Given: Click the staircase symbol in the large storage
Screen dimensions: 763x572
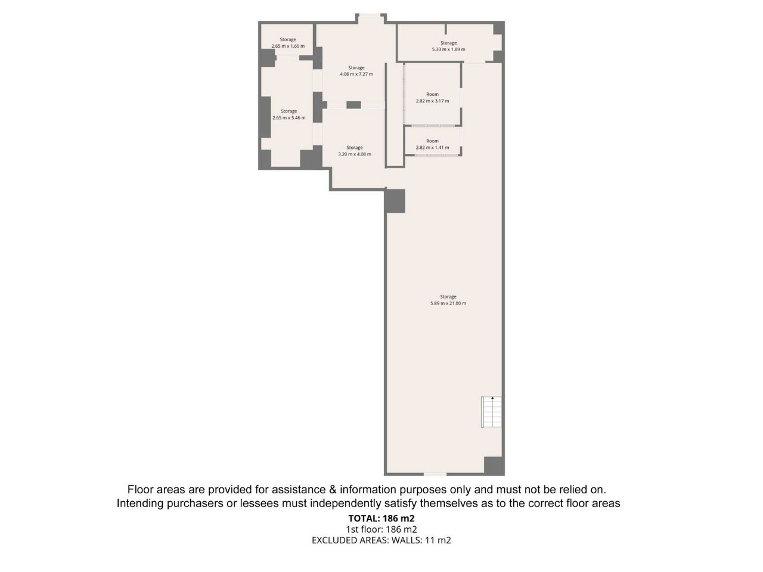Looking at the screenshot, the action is coord(491,412).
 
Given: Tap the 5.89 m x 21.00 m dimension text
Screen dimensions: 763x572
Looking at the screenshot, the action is coord(448,303).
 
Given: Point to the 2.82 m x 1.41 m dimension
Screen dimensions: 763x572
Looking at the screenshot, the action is coord(432,148).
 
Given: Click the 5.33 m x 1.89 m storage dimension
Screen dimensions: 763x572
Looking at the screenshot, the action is coord(448,49).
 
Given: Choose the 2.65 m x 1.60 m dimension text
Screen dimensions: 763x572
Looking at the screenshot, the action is coord(288,46).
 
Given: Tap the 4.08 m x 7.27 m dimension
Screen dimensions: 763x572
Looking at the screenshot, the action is coord(356,74).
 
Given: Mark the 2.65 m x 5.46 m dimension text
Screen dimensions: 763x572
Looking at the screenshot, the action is coord(289,118).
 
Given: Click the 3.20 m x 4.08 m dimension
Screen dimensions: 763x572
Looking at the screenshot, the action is coord(355,154).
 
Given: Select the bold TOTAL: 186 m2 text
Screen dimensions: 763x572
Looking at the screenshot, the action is coord(381,518).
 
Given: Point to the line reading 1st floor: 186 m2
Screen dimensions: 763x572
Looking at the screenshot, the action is coord(381,529).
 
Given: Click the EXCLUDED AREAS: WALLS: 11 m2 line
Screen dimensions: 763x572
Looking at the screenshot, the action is coord(381,540).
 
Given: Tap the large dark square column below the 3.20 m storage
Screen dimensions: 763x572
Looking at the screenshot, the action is coord(395,201).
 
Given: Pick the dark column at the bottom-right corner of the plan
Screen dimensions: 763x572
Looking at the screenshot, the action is coord(494,466).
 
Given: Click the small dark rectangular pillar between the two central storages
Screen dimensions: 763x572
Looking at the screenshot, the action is coord(353,105).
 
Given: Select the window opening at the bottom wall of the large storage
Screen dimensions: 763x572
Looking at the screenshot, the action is coord(435,474).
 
